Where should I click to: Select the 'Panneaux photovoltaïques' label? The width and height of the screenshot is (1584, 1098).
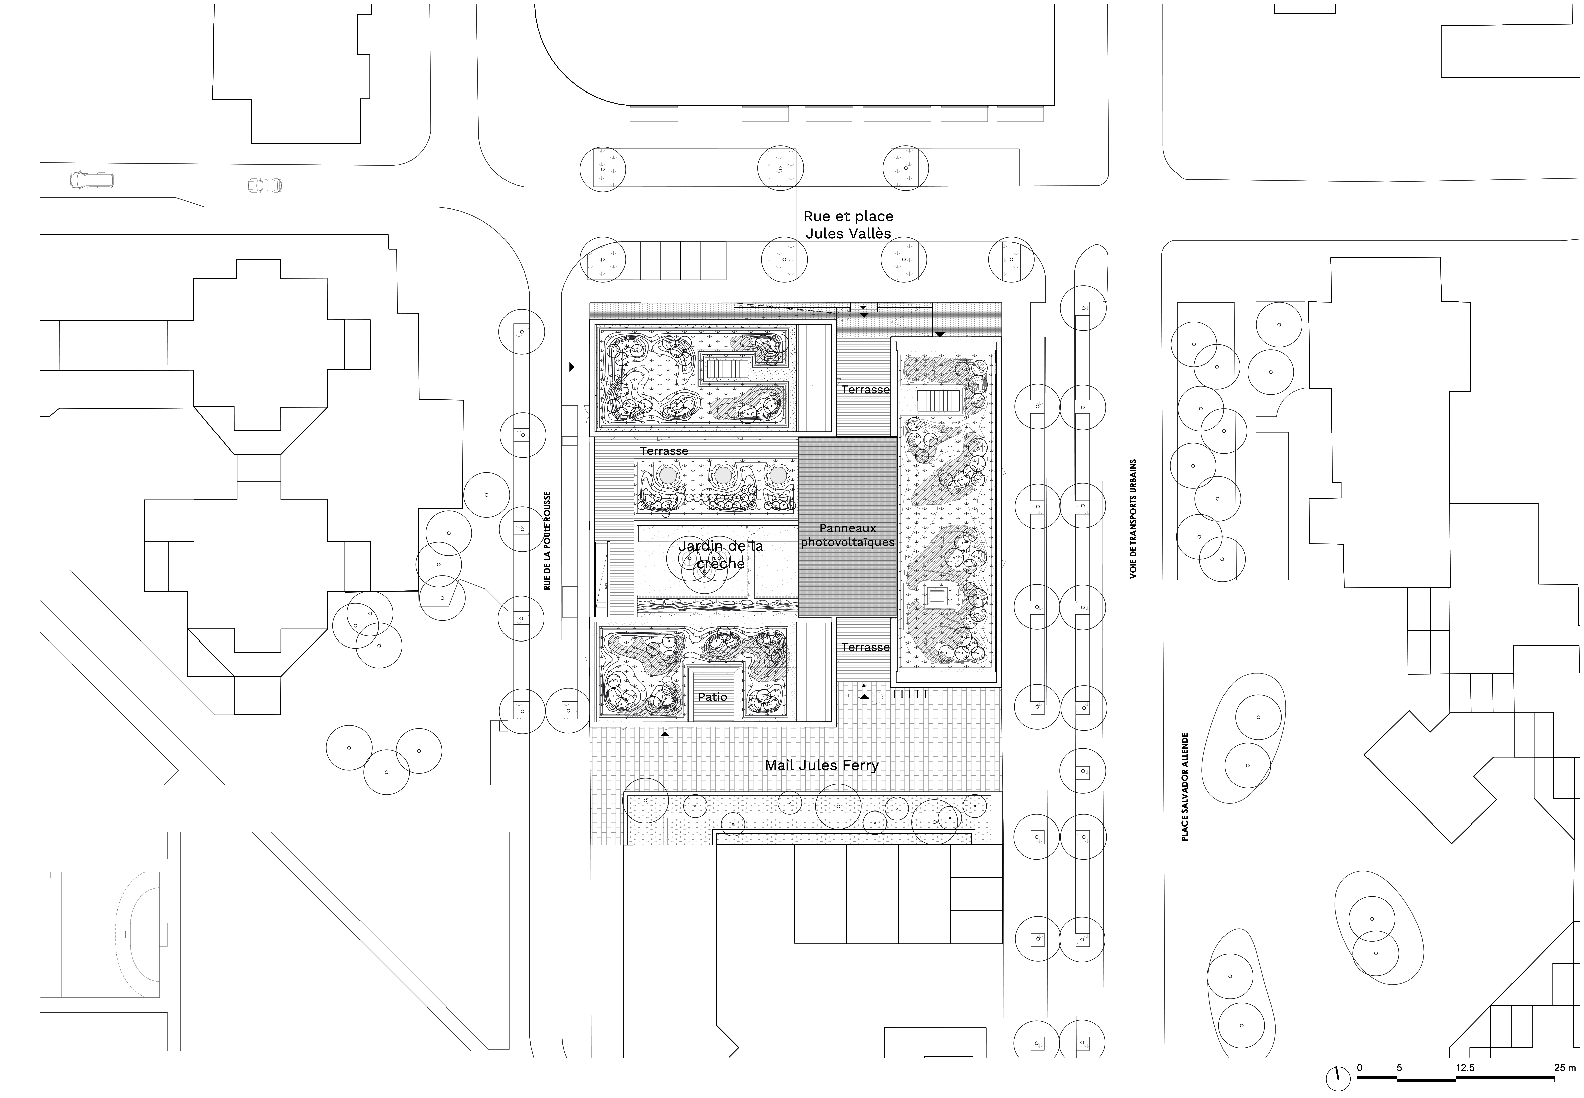pyautogui.click(x=848, y=535)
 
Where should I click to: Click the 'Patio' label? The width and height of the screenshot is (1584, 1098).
pyautogui.click(x=712, y=697)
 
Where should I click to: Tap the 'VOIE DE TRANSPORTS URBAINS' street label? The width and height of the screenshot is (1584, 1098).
pyautogui.click(x=1133, y=519)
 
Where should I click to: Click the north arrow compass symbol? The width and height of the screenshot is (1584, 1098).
pyautogui.click(x=1338, y=1078)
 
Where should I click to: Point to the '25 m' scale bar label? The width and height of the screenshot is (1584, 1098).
pyautogui.click(x=1564, y=1068)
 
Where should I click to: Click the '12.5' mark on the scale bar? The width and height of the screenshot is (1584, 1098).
pyautogui.click(x=1465, y=1068)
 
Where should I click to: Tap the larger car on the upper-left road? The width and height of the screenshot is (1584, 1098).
pyautogui.click(x=92, y=180)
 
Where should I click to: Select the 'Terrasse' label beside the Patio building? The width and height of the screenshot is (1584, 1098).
pyautogui.click(x=865, y=647)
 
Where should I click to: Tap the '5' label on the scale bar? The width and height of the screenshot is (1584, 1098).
pyautogui.click(x=1399, y=1068)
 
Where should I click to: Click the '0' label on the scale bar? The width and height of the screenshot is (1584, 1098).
pyautogui.click(x=1359, y=1068)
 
